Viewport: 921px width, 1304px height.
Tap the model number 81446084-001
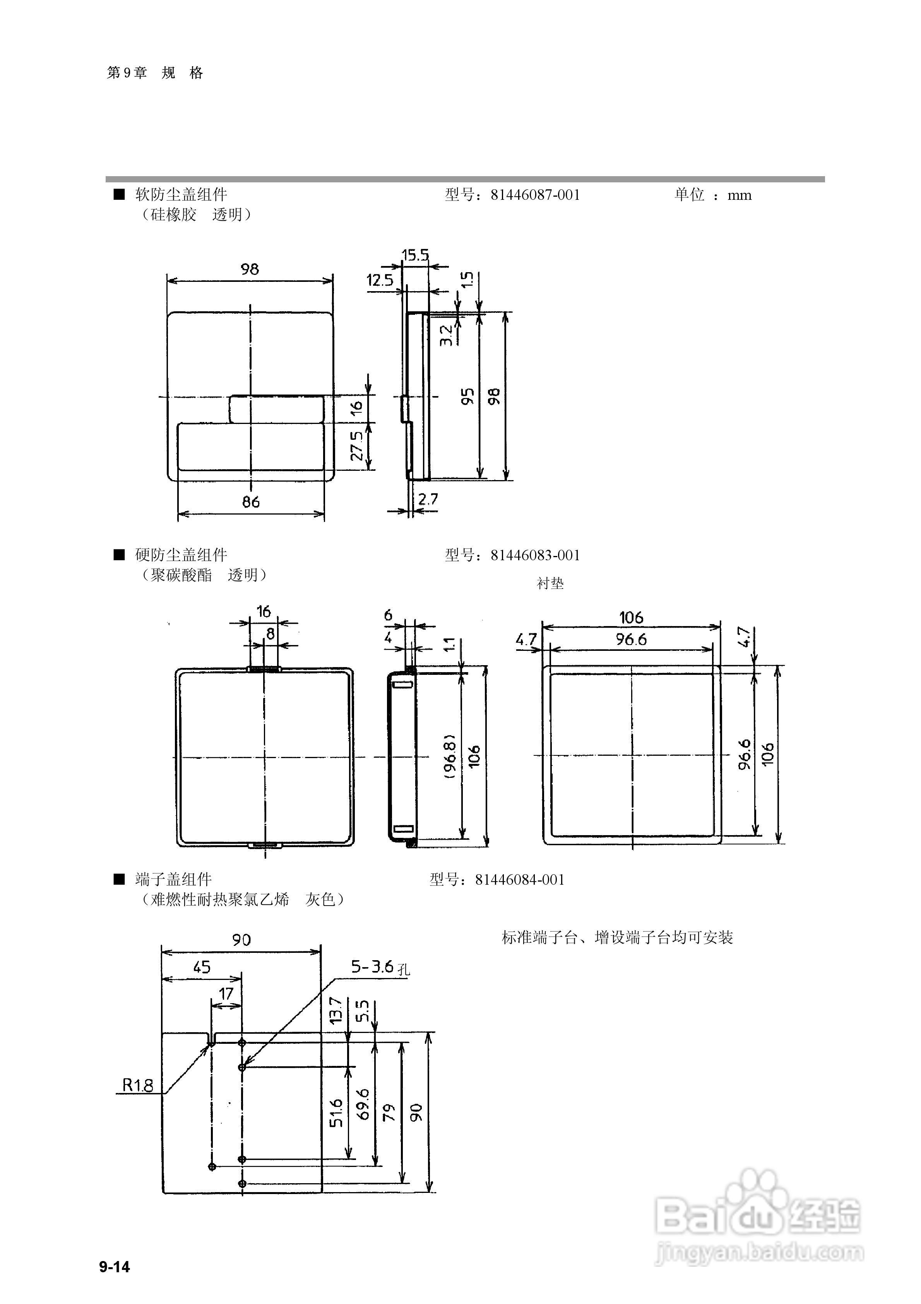tap(520, 880)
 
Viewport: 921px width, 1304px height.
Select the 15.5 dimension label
tap(416, 255)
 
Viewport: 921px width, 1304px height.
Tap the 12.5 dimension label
tap(380, 280)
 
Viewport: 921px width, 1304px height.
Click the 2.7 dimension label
tap(428, 499)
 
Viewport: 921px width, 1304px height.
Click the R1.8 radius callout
tap(138, 1085)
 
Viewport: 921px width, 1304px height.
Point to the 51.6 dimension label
tap(336, 1113)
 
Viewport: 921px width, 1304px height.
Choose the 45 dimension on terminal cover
tap(202, 967)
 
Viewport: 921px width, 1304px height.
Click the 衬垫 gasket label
tap(550, 583)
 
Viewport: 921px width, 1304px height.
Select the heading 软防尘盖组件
tap(181, 195)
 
